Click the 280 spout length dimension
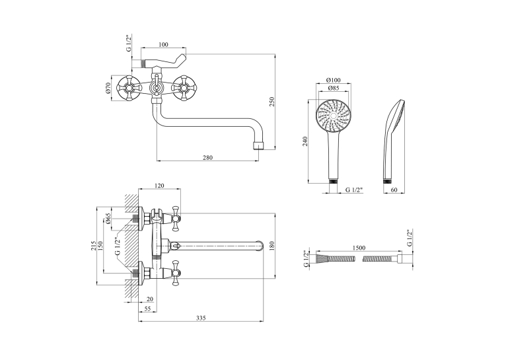tap(208, 157)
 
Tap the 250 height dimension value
tap(271, 102)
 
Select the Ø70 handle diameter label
tap(108, 88)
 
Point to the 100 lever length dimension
tap(164, 44)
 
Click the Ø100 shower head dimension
tap(334, 80)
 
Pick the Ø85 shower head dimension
tap(334, 88)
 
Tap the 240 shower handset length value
tap(305, 141)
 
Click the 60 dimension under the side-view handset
tap(394, 190)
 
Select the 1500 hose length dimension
tap(359, 248)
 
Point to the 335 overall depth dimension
tap(201, 318)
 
